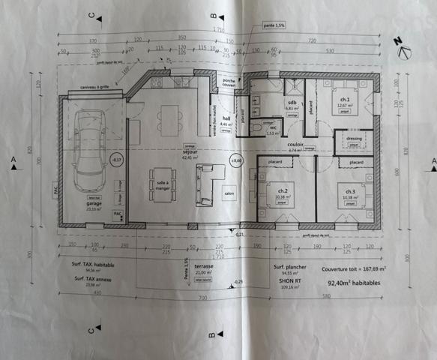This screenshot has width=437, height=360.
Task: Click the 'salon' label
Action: (x=229, y=193)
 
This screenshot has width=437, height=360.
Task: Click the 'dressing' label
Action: (x=353, y=139)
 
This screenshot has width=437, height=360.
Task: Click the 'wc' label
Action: (x=273, y=127)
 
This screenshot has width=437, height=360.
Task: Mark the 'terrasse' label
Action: (x=204, y=265)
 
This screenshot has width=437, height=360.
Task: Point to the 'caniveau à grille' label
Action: (x=96, y=88)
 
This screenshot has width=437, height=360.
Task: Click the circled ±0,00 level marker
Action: (x=237, y=160)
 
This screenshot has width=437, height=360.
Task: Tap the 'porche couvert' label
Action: (x=229, y=83)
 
